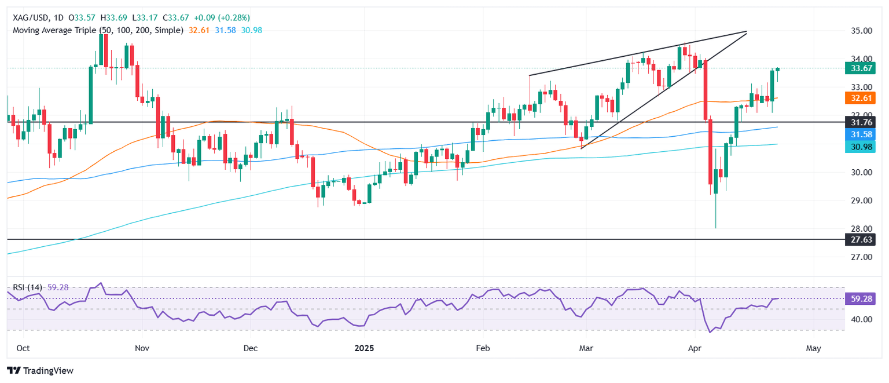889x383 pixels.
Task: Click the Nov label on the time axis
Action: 142,349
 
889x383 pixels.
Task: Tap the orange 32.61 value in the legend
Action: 200,30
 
